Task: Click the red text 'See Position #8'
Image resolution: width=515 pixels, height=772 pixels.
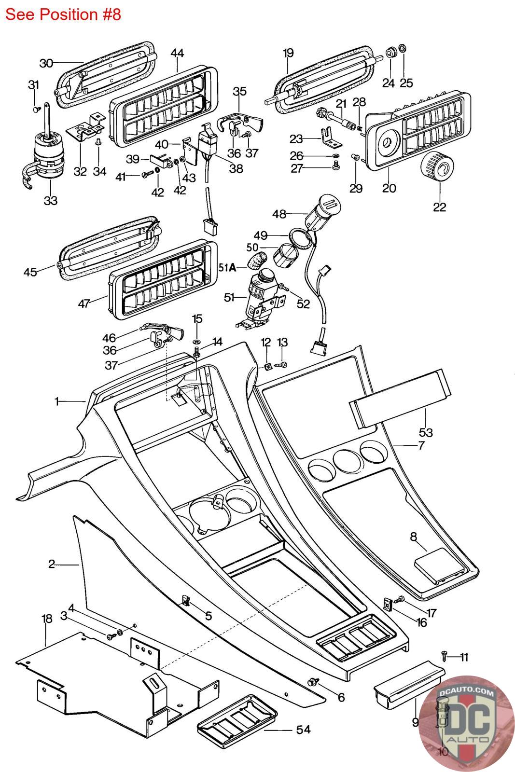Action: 63,14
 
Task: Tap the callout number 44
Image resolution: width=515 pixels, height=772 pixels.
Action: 177,54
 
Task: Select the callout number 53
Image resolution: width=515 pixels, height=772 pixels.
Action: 426,431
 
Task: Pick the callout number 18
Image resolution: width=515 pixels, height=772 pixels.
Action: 46,619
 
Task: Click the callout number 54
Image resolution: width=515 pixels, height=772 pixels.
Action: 303,730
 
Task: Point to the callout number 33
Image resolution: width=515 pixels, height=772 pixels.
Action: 50,200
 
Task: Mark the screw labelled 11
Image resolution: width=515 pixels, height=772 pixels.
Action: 445,655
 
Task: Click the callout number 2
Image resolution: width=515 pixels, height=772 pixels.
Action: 52,564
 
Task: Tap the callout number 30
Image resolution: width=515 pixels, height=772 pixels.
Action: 46,63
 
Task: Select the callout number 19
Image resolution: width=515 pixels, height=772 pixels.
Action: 288,53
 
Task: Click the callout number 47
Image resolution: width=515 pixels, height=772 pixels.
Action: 84,303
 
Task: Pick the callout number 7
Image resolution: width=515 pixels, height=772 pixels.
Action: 421,445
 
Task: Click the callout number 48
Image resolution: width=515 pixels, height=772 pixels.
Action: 279,214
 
